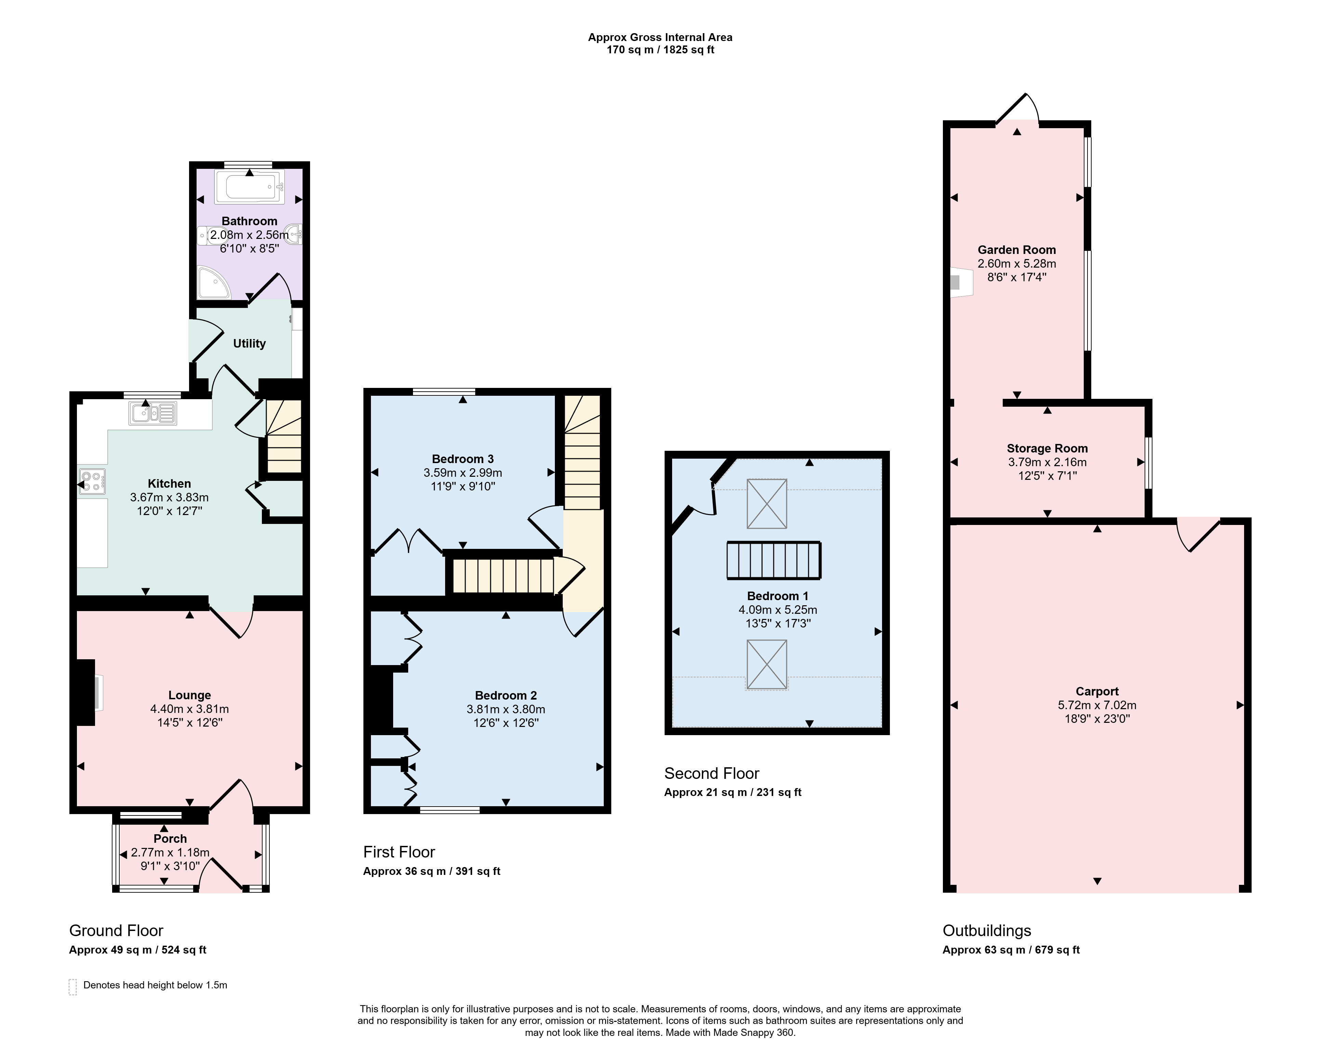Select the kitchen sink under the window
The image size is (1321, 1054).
tap(152, 414)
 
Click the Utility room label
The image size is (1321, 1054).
tap(249, 343)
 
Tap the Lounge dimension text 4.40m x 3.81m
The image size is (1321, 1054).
tap(190, 708)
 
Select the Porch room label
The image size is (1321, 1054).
tap(170, 838)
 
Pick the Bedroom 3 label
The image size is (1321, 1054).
tap(463, 459)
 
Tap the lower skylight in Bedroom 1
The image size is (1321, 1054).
tap(766, 664)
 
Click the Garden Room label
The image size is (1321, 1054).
tap(1017, 250)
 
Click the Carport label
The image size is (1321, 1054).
tap(1097, 691)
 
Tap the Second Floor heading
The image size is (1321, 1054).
tap(712, 773)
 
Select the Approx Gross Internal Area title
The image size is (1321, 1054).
tap(660, 37)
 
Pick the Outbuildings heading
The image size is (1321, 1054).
tap(987, 931)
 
